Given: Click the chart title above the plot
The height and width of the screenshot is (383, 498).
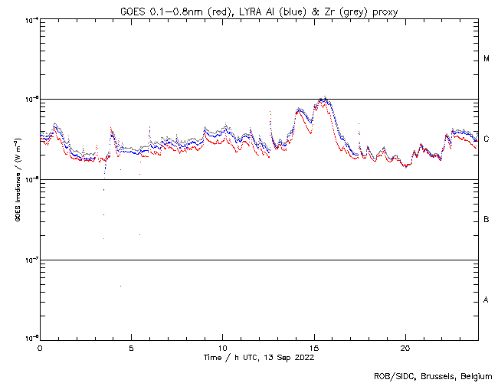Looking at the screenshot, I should pyautogui.click(x=259, y=11).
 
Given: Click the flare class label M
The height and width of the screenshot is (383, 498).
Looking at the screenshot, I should pyautogui.click(x=487, y=59).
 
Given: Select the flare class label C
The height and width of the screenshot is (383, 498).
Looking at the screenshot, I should pyautogui.click(x=487, y=139).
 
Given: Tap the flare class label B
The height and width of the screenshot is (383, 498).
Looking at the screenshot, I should pyautogui.click(x=487, y=220).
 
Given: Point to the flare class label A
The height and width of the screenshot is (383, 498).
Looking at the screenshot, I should pyautogui.click(x=487, y=300).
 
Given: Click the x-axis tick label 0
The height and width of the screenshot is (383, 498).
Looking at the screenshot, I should pyautogui.click(x=40, y=347).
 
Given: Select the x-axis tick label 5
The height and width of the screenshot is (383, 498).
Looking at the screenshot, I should pyautogui.click(x=131, y=347).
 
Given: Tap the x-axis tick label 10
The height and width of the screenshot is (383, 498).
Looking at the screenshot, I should pyautogui.click(x=222, y=347).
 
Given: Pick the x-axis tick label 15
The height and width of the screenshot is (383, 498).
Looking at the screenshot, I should pyautogui.click(x=314, y=347).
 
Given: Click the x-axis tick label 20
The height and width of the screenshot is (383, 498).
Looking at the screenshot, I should pyautogui.click(x=405, y=347).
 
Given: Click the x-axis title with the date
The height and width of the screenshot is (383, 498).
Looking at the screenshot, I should pyautogui.click(x=258, y=358).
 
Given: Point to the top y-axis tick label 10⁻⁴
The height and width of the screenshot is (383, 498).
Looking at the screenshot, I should pyautogui.click(x=31, y=19).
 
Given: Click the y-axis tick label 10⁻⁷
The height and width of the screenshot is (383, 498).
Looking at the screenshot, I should pyautogui.click(x=31, y=260).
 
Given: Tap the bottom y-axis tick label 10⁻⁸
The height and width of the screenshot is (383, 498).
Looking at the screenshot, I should pyautogui.click(x=31, y=338).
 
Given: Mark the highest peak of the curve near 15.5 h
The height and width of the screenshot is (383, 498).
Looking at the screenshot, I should pyautogui.click(x=326, y=98).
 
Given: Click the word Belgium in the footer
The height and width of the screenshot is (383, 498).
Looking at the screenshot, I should pyautogui.click(x=474, y=375).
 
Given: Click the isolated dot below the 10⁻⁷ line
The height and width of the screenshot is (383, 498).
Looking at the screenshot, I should pyautogui.click(x=120, y=286).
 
